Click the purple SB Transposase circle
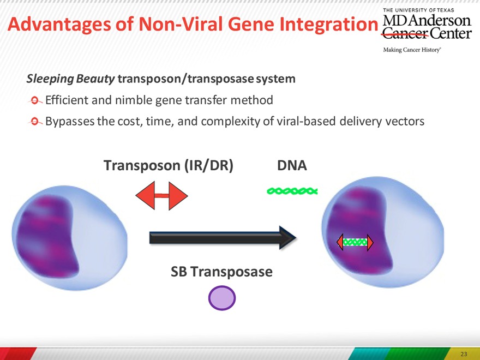pos(222,298)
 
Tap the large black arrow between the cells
pos(223,238)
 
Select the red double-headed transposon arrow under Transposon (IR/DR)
pos(161,196)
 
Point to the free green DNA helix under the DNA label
pos(292,191)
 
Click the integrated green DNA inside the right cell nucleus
pos(355,242)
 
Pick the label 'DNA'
pos(292,165)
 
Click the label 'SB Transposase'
pos(221,272)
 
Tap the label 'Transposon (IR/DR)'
pos(169,166)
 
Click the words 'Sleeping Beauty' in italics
pos(70,79)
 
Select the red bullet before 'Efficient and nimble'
pos(35,100)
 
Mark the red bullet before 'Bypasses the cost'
pos(35,122)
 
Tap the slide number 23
pos(464,354)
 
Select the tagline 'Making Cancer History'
pos(412,50)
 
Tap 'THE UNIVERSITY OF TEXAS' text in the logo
pos(418,10)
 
